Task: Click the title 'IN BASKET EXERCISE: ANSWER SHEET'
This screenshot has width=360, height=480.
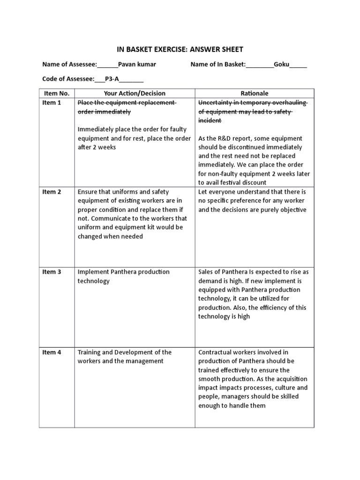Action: click(x=180, y=49)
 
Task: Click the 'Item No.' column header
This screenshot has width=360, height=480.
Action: click(x=56, y=93)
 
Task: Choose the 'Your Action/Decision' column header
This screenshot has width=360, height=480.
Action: click(x=135, y=93)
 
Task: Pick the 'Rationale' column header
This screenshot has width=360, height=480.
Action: click(x=254, y=93)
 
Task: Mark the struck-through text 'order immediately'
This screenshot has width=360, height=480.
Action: click(x=104, y=112)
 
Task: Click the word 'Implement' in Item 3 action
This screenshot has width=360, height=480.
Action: click(x=93, y=272)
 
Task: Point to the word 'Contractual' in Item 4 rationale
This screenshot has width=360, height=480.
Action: click(x=216, y=352)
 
